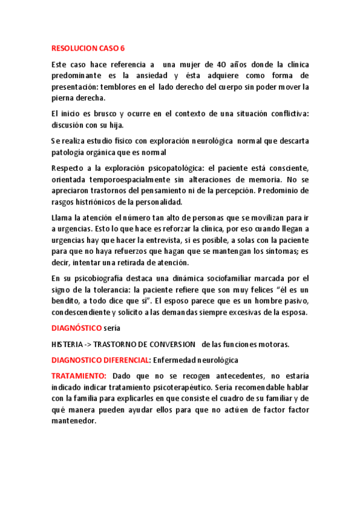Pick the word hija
(x=112, y=125)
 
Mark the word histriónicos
(x=100, y=202)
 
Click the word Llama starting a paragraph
(x=63, y=217)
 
